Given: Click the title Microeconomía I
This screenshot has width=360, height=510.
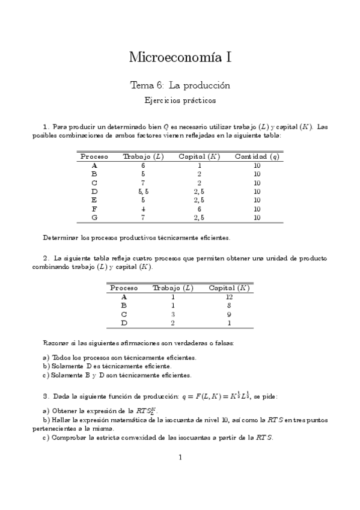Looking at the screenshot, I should pos(180,58).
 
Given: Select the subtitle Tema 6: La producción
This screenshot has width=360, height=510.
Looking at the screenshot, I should pos(180,86).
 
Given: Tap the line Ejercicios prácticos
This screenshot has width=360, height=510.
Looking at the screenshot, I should pos(180,100).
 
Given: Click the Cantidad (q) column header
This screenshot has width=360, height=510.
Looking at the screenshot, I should pos(257,156).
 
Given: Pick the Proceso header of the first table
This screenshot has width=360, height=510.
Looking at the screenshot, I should pos(94,156).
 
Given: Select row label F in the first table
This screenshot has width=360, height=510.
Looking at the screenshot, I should pos(94,209).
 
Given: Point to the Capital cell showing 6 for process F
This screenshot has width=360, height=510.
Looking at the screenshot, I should pos(199,209).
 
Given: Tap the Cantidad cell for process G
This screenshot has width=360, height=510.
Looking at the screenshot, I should pos(257,218).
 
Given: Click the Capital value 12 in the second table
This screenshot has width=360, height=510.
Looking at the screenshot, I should pos(229,296).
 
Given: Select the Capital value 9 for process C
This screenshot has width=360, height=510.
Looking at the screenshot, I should pos(229,314).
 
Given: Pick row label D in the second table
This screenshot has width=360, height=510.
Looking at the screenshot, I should pos(124,323).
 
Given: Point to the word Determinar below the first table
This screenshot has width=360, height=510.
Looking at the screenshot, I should pos(59,237).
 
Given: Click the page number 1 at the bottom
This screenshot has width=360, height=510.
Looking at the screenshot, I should pos(180,458).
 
